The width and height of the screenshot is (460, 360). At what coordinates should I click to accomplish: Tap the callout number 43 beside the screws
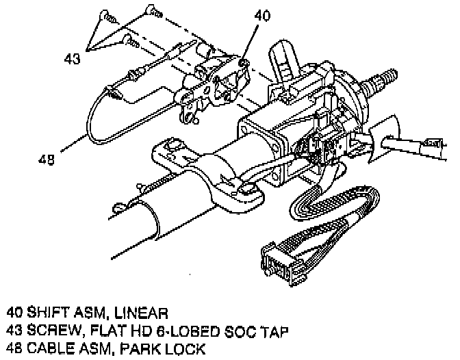pyautogui.click(x=72, y=59)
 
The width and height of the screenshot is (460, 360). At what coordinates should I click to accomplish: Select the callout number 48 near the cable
pyautogui.click(x=45, y=159)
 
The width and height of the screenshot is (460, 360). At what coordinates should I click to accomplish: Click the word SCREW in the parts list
pyautogui.click(x=50, y=332)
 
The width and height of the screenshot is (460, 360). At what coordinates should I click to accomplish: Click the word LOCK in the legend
pyautogui.click(x=175, y=350)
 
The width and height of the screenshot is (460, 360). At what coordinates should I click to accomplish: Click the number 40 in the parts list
pyautogui.click(x=14, y=313)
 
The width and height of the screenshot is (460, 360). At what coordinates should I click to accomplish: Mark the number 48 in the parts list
pyautogui.click(x=14, y=350)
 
